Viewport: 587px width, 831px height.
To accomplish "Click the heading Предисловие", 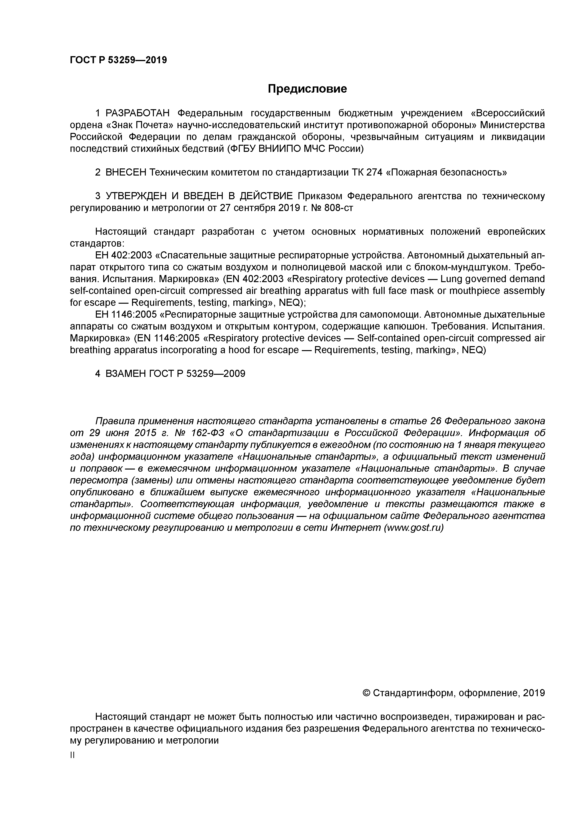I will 307,89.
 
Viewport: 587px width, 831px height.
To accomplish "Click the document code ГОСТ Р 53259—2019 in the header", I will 118,60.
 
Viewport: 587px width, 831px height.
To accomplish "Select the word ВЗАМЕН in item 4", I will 125,374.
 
